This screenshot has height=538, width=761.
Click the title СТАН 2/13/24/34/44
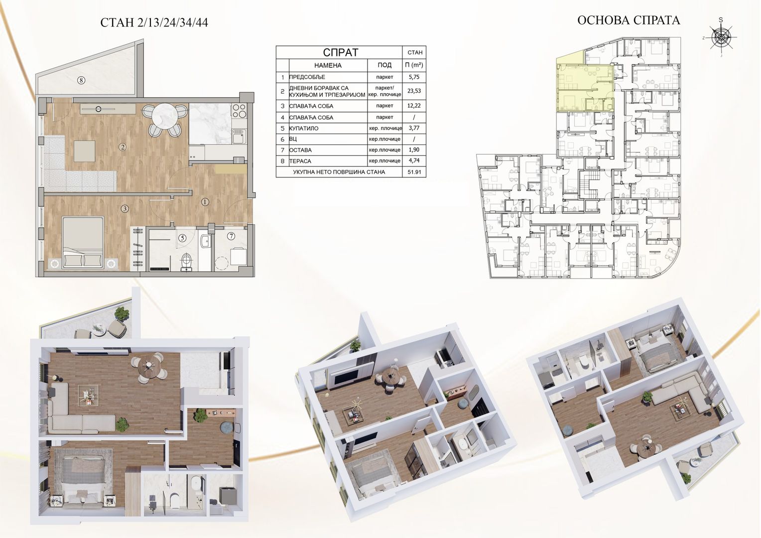(x=154, y=22)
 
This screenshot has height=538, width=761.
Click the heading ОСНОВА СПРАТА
(x=629, y=20)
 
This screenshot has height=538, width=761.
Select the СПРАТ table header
(x=340, y=52)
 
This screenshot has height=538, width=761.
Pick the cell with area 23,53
(x=414, y=91)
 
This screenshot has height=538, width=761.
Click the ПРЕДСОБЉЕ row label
(x=307, y=77)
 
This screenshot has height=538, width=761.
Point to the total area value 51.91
(x=414, y=172)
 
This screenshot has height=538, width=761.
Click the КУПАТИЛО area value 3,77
(x=414, y=128)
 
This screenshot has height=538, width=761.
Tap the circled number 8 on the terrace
(x=81, y=81)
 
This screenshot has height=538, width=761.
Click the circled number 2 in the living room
(x=122, y=147)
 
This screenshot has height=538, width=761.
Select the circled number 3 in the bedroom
(x=125, y=209)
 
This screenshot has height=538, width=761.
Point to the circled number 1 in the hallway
(x=205, y=202)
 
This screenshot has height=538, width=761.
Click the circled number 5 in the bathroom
(x=182, y=238)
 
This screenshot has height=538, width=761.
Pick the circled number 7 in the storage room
(x=231, y=236)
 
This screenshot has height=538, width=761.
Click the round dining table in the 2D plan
(x=165, y=116)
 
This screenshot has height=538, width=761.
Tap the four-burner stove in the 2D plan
(x=239, y=111)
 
